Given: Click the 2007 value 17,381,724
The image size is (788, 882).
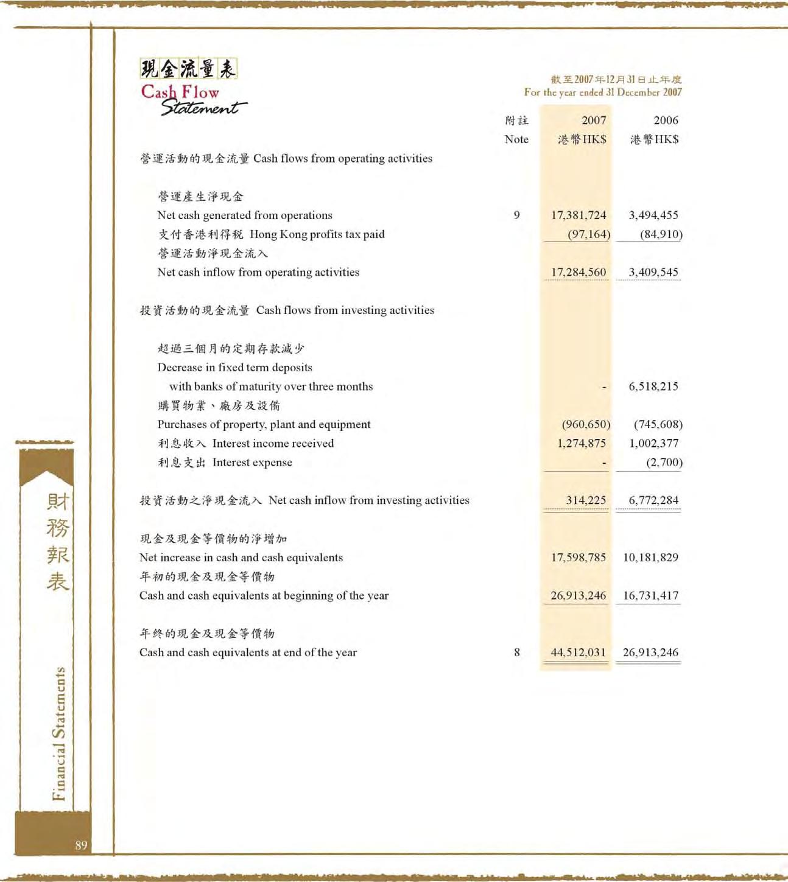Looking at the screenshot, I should tap(579, 215).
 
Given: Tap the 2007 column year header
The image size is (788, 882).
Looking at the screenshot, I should tap(594, 121).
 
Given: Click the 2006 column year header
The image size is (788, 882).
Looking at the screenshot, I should tap(666, 121).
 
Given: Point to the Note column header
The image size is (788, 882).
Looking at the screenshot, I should tap(516, 139).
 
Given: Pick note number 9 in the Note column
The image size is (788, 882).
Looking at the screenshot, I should tap(516, 215).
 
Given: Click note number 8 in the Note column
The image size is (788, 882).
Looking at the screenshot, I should tap(516, 652).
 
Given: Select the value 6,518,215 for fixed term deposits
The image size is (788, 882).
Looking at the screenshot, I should tap(653, 386).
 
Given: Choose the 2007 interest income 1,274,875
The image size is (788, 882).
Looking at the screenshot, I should tap(582, 443).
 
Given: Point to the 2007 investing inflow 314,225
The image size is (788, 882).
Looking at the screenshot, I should tap(586, 500).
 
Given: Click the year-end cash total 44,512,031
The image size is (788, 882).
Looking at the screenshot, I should tap(578, 652).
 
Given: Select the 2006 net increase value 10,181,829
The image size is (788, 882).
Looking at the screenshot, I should tap(650, 557).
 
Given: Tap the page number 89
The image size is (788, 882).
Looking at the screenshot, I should tap(81, 845).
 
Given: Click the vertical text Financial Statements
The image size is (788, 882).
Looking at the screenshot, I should tap(58, 733).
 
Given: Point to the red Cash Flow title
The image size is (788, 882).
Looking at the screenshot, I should tap(180, 92).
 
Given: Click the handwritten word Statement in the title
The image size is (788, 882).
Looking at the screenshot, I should tap(203, 108).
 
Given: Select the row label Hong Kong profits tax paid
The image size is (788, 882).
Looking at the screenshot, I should tap(317, 234).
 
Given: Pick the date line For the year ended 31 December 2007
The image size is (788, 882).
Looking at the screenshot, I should tap(603, 92).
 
